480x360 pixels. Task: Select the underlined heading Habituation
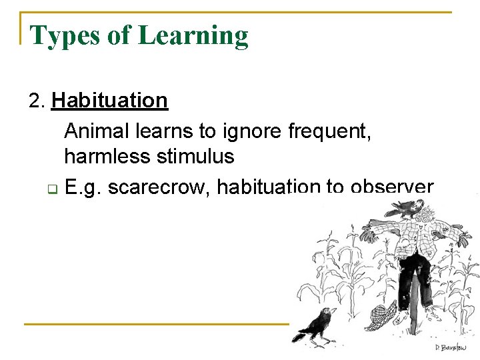click(x=109, y=101)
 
